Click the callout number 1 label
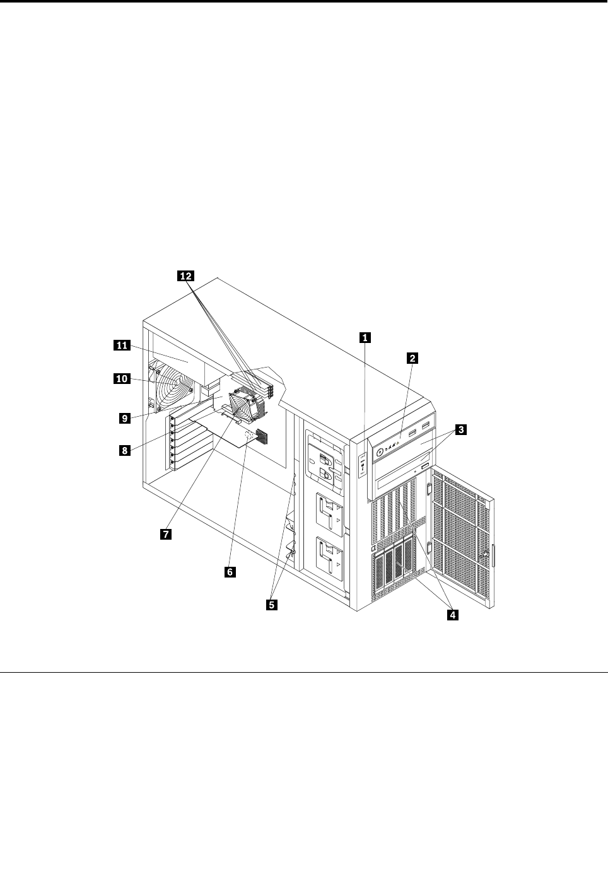tap(364, 337)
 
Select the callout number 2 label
tap(411, 358)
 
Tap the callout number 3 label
tap(462, 430)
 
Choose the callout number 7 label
tap(165, 533)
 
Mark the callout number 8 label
tap(125, 450)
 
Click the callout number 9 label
tap(125, 417)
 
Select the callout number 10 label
tap(121, 379)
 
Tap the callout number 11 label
tap(121, 345)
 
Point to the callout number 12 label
tap(185, 276)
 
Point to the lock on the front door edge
tap(487, 555)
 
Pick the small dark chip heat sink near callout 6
tap(262, 436)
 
